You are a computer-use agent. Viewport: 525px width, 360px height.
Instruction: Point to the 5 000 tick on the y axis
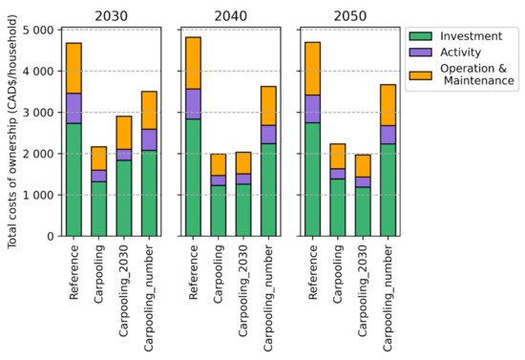point(35,31)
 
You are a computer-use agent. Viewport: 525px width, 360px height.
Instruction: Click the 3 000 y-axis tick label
point(35,113)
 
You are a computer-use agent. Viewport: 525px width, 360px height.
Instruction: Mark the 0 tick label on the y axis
point(46,236)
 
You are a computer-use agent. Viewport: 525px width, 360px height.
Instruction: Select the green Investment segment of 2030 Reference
point(74,180)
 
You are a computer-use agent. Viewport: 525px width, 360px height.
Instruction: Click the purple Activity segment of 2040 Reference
point(194,103)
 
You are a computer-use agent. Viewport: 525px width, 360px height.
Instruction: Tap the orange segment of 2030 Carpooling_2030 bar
point(124,133)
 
